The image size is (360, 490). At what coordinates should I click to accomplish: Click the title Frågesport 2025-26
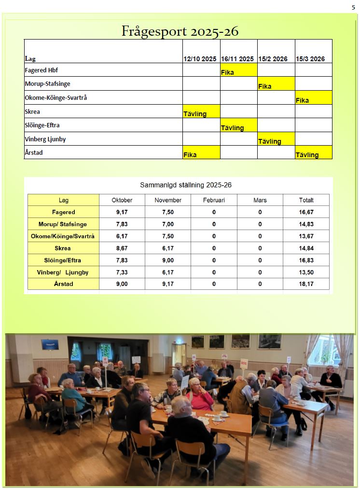tap(180, 31)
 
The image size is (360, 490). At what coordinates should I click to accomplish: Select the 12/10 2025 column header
tap(200, 59)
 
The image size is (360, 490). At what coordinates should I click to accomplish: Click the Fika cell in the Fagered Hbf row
tap(238, 70)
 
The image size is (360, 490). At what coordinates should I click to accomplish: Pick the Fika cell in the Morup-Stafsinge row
tap(276, 84)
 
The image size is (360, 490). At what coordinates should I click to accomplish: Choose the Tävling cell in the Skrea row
tap(201, 111)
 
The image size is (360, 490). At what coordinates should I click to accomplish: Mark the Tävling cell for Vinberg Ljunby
tap(276, 139)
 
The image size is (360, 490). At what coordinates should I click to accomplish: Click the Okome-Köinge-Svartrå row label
tap(56, 97)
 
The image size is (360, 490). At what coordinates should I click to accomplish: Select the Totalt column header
tap(306, 200)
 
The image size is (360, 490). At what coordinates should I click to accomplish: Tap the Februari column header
tap(214, 200)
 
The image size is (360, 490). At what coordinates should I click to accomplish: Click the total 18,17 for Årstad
tap(306, 284)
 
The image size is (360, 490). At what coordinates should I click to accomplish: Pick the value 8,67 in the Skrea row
tap(122, 248)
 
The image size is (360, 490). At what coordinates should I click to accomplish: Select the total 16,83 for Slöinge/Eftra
tap(306, 260)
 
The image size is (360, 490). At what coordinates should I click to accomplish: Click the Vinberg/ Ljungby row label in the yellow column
tap(63, 272)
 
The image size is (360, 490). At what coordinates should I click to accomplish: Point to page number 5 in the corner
tap(353, 7)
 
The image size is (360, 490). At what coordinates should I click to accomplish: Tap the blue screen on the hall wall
tap(50, 344)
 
